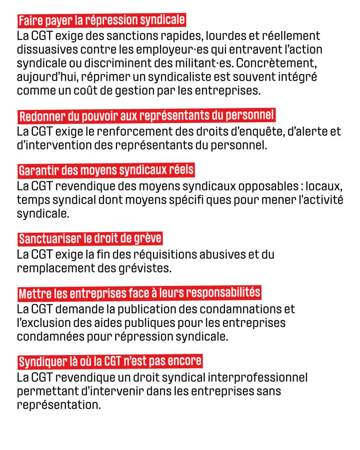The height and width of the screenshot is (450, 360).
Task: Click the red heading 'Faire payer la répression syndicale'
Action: point(101,20)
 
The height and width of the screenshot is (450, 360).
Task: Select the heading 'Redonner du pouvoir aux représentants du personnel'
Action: point(146,116)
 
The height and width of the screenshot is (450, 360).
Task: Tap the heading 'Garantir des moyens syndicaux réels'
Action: point(106,170)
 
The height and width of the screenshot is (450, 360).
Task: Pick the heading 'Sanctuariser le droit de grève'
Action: point(90,239)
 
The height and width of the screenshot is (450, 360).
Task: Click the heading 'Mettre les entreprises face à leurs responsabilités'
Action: point(139,293)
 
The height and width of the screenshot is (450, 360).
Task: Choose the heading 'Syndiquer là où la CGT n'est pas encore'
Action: point(110,361)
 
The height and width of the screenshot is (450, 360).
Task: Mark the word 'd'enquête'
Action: point(252,131)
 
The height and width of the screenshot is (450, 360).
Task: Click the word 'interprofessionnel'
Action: point(257,378)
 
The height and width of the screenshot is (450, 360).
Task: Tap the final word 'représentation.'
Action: point(59,405)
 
